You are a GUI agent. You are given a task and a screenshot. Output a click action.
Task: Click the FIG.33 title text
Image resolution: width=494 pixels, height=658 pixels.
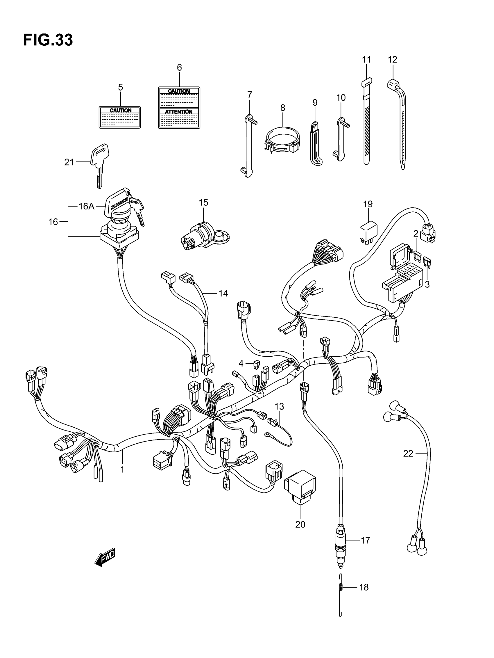point(48,40)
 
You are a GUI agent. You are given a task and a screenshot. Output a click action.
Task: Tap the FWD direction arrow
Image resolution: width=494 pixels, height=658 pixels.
point(105,557)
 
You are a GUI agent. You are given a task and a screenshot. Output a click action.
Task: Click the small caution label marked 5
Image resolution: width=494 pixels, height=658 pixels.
point(120,117)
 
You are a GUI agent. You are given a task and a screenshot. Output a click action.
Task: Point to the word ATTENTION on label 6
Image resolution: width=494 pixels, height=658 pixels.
point(179,112)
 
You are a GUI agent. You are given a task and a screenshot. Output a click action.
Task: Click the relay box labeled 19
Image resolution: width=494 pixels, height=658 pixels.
point(368,230)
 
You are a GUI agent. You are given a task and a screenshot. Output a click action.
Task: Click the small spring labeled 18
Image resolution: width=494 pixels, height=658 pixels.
point(341,587)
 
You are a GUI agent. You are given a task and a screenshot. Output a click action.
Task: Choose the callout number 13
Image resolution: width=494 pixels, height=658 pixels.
point(279,406)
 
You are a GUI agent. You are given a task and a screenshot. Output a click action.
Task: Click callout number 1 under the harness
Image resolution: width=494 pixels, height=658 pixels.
point(122,470)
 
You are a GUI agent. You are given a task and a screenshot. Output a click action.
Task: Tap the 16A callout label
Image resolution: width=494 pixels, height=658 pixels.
point(87,206)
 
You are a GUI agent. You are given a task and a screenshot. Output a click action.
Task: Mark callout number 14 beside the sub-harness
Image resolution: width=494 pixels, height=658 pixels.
point(223,294)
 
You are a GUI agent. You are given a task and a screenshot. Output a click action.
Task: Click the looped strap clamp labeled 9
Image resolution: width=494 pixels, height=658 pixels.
point(315,143)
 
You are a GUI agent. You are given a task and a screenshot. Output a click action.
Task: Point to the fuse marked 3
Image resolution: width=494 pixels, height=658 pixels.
point(429,262)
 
